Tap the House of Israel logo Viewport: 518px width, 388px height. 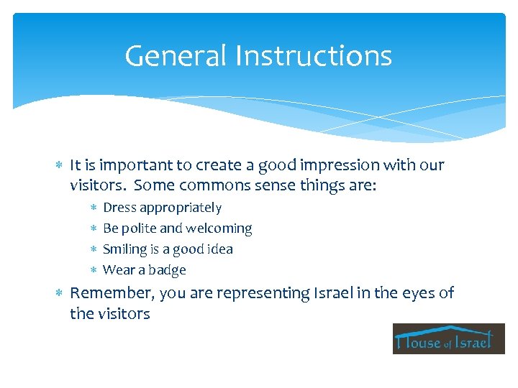click(448, 338)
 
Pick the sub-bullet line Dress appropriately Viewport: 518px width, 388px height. click(162, 208)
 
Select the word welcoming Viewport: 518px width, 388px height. click(219, 228)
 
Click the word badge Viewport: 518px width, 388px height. click(168, 270)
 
